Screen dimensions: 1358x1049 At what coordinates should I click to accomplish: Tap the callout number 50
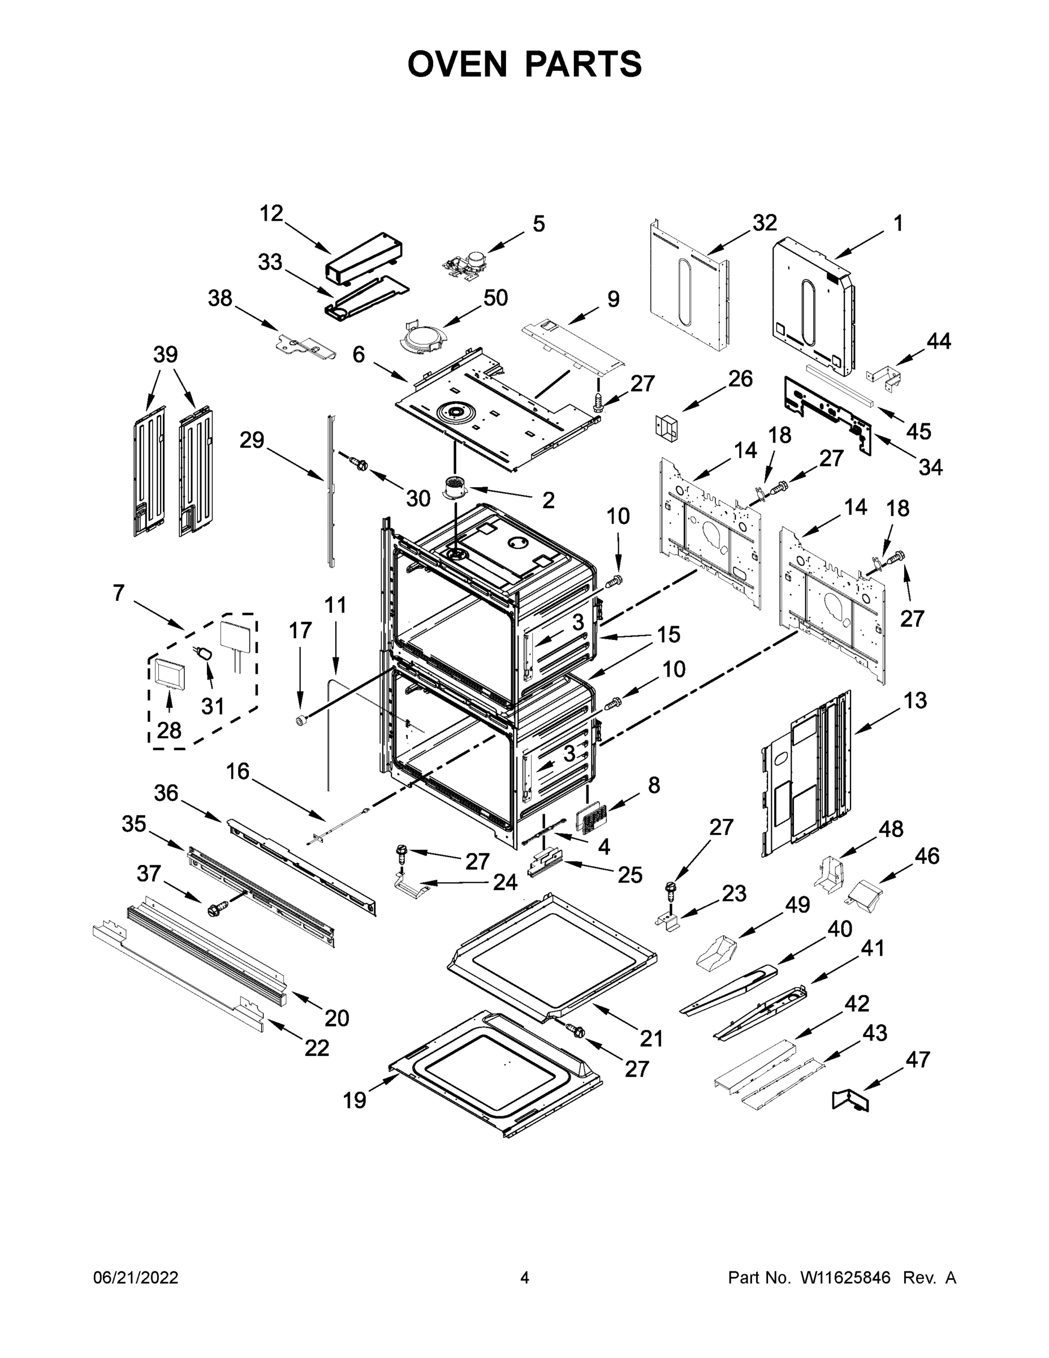click(495, 298)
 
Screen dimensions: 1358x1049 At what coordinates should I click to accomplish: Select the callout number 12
click(271, 213)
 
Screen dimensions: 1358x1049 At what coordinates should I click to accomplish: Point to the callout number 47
click(917, 1060)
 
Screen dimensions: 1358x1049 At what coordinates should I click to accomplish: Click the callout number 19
click(355, 1100)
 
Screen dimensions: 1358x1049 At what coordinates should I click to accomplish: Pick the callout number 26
click(740, 379)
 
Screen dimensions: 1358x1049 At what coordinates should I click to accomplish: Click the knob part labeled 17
click(302, 720)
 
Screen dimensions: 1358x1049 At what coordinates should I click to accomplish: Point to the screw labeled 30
click(359, 463)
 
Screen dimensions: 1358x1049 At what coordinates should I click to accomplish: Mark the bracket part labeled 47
click(852, 1101)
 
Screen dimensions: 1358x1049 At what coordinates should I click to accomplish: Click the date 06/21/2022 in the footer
click(136, 1277)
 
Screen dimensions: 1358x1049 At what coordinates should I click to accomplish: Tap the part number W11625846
click(845, 1277)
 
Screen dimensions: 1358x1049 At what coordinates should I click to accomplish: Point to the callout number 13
click(915, 700)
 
